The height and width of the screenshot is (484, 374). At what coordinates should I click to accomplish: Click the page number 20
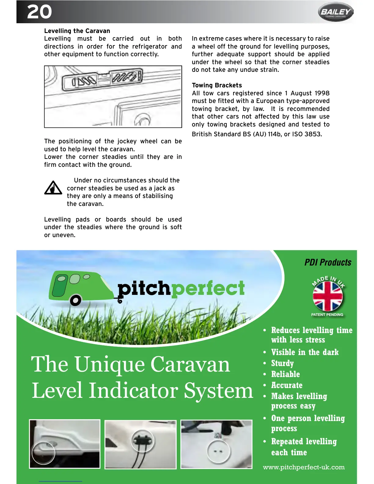point(39,12)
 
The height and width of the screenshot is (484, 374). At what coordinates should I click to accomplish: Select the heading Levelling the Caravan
point(77,31)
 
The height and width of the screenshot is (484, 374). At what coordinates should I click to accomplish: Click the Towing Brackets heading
point(217,85)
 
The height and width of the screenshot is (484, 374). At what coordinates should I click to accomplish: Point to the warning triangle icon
point(53,188)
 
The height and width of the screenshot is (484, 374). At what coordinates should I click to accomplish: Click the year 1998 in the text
point(322,93)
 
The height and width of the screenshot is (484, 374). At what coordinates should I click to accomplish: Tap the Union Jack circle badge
point(328,296)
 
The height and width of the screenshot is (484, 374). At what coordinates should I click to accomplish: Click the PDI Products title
point(328,262)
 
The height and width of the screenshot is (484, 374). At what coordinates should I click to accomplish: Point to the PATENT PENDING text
point(327,315)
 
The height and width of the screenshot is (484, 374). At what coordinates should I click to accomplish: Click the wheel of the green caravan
point(75,300)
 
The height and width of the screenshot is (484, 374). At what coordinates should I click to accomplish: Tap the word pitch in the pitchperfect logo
point(144,289)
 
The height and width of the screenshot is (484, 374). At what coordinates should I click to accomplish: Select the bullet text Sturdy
point(282,363)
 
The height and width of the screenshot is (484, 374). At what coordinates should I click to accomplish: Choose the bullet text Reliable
point(285,374)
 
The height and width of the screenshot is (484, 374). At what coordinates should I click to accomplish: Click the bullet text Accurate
point(287,385)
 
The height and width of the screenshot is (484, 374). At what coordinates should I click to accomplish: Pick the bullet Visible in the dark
point(305,352)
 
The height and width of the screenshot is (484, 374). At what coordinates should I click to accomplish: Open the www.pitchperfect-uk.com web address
point(303,467)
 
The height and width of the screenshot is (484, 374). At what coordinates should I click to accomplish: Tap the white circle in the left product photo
point(43,453)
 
